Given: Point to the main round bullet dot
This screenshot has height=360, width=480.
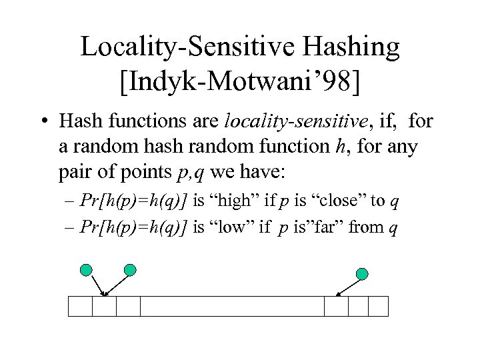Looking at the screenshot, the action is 43,123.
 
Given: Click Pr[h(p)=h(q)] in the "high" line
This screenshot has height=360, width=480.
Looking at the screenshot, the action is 133,201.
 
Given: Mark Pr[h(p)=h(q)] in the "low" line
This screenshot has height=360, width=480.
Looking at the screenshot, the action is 133,227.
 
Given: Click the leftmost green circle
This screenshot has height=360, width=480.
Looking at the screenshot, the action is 86,270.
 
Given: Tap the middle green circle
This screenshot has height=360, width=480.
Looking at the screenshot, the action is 130,269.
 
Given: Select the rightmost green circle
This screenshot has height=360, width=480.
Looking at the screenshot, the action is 362,273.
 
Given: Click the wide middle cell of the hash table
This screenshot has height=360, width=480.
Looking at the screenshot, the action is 232,306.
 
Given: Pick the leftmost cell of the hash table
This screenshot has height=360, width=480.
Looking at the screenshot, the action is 81,306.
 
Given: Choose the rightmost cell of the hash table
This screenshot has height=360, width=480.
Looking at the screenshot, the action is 378,306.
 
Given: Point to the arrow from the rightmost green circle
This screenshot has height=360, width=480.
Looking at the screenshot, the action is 347,287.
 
